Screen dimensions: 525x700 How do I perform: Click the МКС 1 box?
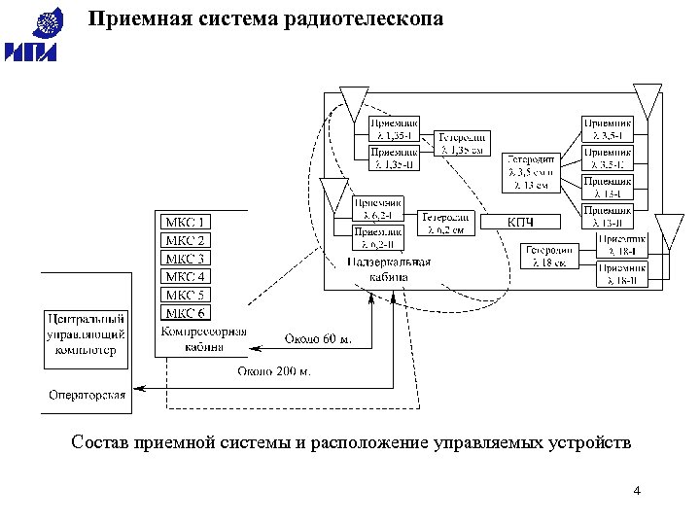tap(185, 223)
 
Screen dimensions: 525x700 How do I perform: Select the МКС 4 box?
tap(185, 276)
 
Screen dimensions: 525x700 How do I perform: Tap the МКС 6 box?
tap(185, 312)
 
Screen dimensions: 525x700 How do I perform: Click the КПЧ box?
tap(521, 223)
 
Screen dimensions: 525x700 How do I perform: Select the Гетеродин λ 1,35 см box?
tap(462, 143)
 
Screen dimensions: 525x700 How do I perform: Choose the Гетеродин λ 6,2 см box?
tap(447, 223)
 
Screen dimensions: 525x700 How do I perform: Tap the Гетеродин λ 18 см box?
tap(550, 256)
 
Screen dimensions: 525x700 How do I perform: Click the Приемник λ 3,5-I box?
tap(608, 129)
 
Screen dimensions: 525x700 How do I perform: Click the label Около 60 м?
tap(317, 338)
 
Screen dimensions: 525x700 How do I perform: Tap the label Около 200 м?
tap(274, 370)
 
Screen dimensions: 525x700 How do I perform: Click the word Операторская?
tap(87, 395)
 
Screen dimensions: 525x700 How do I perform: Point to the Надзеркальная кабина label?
tap(375, 269)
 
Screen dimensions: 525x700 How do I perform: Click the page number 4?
tap(636, 490)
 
